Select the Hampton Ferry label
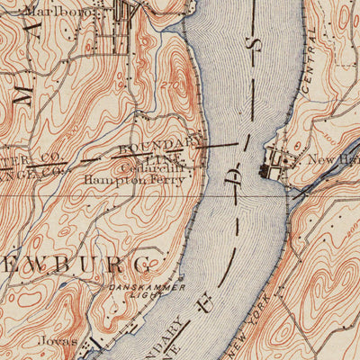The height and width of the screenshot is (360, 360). point(133,179)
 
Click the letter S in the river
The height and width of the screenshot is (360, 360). point(255,44)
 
